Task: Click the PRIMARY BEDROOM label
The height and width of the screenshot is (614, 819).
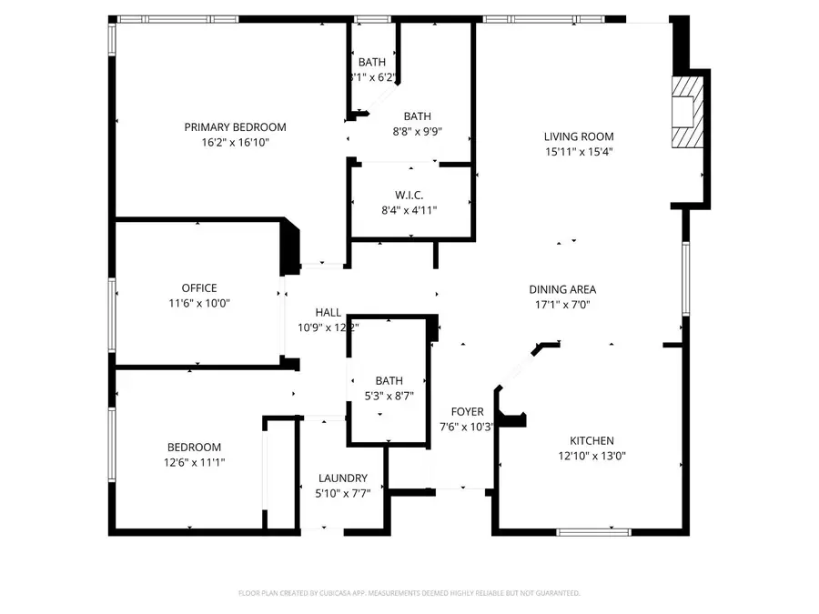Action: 235,127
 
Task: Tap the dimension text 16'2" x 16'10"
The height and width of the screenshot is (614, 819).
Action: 235,143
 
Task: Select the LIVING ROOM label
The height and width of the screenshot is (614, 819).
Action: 579,136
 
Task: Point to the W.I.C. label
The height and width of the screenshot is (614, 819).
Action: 409,196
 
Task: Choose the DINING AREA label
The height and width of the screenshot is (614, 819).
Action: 562,290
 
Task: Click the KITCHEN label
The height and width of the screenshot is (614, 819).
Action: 591,440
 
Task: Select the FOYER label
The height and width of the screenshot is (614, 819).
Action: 467,412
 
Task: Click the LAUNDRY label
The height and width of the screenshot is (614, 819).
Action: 342,478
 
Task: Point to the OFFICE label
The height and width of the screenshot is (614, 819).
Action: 198,288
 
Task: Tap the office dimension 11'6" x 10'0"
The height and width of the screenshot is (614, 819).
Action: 198,304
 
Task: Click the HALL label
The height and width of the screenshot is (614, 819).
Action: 328,312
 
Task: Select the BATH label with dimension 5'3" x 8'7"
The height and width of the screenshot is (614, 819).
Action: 389,380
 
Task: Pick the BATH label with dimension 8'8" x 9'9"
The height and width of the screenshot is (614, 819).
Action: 417,116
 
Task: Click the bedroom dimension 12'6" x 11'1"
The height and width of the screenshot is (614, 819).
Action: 193,463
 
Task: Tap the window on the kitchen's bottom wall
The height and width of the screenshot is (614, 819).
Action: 593,531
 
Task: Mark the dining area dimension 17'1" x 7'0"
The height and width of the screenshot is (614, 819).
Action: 562,306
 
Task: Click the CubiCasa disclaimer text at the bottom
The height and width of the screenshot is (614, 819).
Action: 409,593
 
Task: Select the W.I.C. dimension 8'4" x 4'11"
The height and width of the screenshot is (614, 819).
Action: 409,211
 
